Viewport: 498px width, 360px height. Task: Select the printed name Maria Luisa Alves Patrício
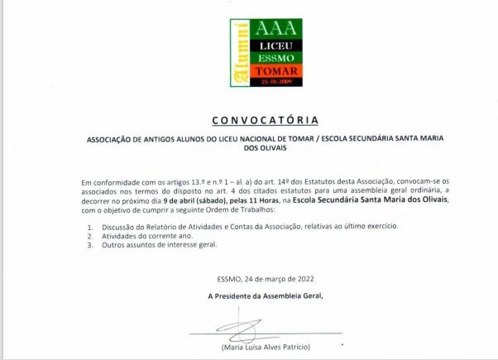(x=266, y=346)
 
